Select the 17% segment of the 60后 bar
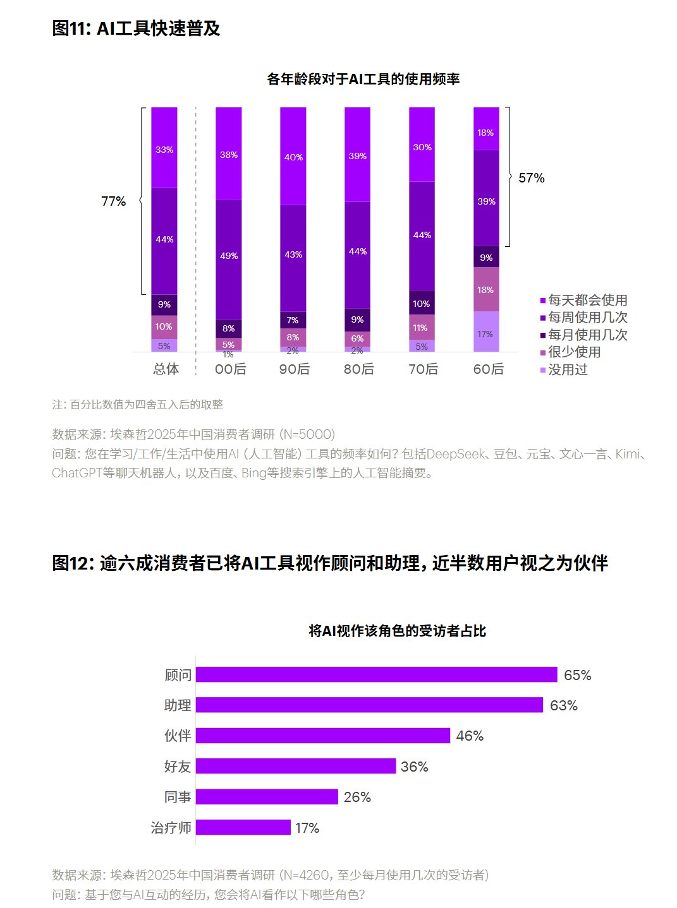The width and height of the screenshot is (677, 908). coord(485,332)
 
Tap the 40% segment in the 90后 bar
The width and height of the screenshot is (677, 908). coord(293,157)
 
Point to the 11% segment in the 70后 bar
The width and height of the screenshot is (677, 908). coord(421,328)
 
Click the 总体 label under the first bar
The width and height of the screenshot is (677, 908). coord(166,369)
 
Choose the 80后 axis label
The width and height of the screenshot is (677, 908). coord(358,369)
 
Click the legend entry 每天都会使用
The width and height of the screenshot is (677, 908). coord(587,300)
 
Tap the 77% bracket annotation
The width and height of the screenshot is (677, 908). coord(114,201)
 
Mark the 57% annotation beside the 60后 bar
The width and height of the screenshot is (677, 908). coord(531,178)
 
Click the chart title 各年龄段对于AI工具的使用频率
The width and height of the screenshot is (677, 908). coord(363,80)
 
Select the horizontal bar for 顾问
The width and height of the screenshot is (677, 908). coord(376,674)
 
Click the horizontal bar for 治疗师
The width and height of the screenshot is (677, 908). coord(243,827)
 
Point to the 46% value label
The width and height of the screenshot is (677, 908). coord(470,736)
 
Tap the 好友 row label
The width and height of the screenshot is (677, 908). coord(178,767)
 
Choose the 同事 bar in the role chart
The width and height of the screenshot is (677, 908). coord(267,797)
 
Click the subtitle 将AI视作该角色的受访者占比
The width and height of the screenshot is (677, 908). coord(398,631)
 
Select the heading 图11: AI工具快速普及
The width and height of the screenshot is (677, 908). coord(136,28)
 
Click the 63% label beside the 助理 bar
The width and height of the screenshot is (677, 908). coord(563,705)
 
